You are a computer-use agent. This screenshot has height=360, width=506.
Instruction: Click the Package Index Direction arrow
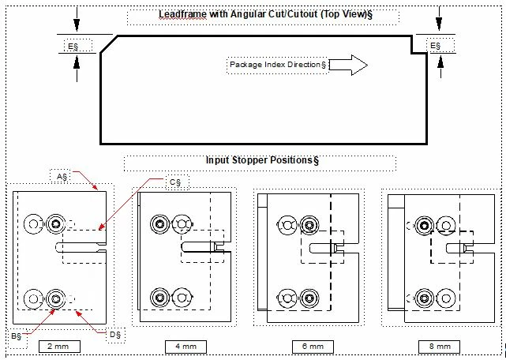pos(348,66)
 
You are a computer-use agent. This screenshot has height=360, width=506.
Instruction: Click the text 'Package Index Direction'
pos(277,65)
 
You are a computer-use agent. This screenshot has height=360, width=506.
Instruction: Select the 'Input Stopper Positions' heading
pos(261,160)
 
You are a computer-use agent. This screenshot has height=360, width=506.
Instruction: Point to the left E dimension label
pos(73,47)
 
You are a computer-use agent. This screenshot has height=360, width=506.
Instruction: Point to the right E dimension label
pos(436,47)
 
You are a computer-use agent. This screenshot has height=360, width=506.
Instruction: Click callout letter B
pos(16,337)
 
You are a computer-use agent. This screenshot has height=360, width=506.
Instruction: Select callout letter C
pos(176,182)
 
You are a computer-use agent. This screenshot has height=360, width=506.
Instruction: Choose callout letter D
pos(115,335)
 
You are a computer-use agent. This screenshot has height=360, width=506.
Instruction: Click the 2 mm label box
pos(58,347)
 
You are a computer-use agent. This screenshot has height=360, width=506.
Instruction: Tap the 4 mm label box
pos(186,347)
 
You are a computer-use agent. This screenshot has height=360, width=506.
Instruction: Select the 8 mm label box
pos(440,347)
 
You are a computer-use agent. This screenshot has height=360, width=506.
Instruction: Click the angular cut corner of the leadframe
pos(109,44)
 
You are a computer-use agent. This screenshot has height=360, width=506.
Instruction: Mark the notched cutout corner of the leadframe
pos(411,48)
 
